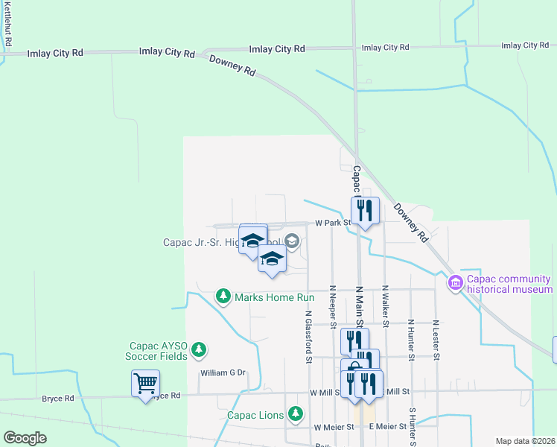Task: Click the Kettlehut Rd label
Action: (x=7, y=24)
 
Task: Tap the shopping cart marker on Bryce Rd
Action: (x=145, y=384)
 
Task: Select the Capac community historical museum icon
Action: (x=455, y=283)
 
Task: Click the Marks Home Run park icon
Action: (x=223, y=297)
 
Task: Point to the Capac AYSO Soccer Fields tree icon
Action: (x=198, y=349)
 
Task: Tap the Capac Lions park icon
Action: (x=296, y=413)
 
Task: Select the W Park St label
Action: (x=332, y=223)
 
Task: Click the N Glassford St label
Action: (x=308, y=336)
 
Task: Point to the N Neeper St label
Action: (x=333, y=306)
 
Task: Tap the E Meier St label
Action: (x=388, y=427)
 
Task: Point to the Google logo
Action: (x=25, y=438)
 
